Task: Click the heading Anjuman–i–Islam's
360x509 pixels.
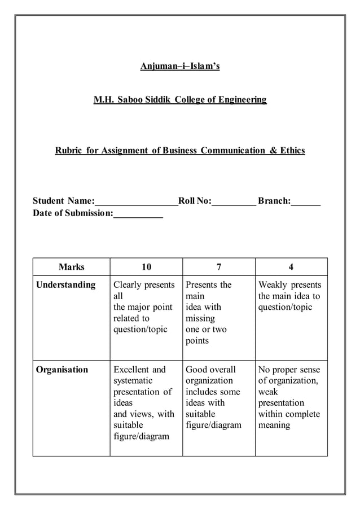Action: click(x=180, y=67)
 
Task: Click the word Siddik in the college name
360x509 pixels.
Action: click(x=154, y=100)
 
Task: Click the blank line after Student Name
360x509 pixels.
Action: click(x=136, y=202)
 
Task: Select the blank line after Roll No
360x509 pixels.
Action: click(x=234, y=202)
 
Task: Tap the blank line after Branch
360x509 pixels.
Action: click(x=306, y=202)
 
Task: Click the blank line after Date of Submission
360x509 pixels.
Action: click(x=138, y=214)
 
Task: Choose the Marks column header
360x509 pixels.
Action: click(x=71, y=267)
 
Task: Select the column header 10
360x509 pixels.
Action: click(x=146, y=267)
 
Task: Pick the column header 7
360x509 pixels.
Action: click(x=218, y=267)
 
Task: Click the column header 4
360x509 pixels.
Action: click(x=291, y=267)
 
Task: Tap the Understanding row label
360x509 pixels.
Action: click(x=65, y=285)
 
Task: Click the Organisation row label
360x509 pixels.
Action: click(x=62, y=370)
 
